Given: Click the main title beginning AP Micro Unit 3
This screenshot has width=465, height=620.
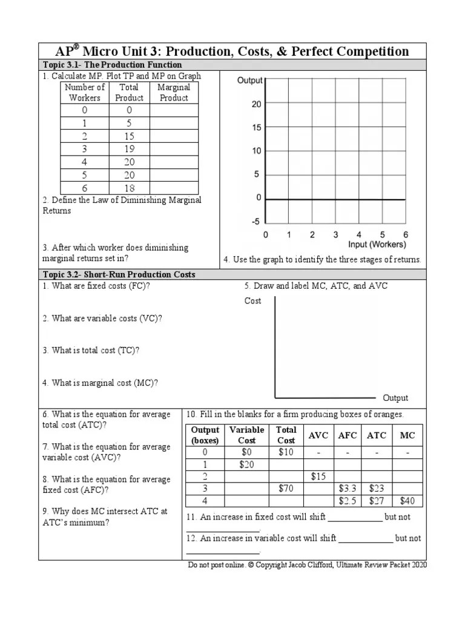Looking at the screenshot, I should pyautogui.click(x=232, y=51).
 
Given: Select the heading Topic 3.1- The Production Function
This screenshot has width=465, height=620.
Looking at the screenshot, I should pyautogui.click(x=112, y=65).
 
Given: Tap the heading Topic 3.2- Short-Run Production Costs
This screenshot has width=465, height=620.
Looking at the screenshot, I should pyautogui.click(x=119, y=274).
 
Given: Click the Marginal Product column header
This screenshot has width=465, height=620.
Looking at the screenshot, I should pyautogui.click(x=174, y=92).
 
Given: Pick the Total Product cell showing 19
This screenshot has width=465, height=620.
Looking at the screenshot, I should pyautogui.click(x=130, y=149).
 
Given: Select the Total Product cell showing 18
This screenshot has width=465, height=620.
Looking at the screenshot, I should pyautogui.click(x=130, y=188).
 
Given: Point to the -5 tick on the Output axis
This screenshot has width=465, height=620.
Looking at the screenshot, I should pyautogui.click(x=256, y=222).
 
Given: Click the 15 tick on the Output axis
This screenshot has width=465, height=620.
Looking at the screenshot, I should pyautogui.click(x=256, y=128).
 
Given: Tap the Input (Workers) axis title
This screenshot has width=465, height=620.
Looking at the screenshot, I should pyautogui.click(x=377, y=245).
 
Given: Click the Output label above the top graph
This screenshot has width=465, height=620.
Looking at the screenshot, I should pyautogui.click(x=249, y=81).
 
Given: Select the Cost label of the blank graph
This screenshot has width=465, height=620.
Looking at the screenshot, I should pyautogui.click(x=253, y=301).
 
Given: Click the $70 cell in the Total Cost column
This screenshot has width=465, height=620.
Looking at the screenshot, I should pyautogui.click(x=286, y=488).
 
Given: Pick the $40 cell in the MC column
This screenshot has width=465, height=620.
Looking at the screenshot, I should pyautogui.click(x=407, y=501).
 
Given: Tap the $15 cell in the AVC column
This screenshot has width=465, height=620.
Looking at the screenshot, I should pyautogui.click(x=318, y=477).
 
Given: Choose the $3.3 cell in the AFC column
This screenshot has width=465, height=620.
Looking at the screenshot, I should pyautogui.click(x=348, y=488).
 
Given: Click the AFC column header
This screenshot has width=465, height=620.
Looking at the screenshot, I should pyautogui.click(x=348, y=435).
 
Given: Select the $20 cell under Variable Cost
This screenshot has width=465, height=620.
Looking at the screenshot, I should pyautogui.click(x=246, y=464).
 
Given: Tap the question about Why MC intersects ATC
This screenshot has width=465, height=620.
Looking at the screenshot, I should pyautogui.click(x=105, y=517).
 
